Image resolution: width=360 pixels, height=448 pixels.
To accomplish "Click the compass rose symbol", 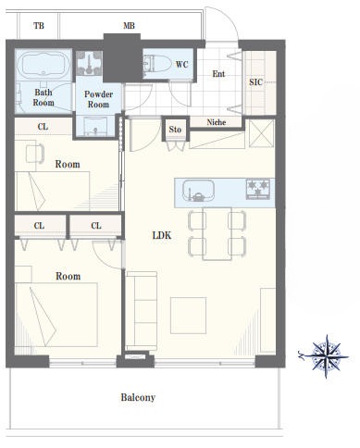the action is [326, 356].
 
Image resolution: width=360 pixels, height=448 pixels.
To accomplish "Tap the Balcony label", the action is [138, 397].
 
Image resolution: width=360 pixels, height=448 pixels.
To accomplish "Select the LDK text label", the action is [162, 236].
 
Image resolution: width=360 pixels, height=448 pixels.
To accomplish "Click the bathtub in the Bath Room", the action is [43, 65].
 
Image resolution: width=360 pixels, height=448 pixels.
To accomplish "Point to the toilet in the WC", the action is [157, 64].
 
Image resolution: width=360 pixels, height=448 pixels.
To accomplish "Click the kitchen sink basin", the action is [198, 191].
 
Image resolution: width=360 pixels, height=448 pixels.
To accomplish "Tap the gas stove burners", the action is [258, 189].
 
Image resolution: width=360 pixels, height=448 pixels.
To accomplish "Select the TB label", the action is [39, 26].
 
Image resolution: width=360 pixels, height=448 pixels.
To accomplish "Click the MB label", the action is [129, 26].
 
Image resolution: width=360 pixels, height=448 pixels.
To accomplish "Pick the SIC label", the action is [255, 82].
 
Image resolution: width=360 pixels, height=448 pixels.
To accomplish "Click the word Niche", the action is [217, 122].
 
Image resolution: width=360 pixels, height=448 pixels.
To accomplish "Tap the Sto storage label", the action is [175, 130].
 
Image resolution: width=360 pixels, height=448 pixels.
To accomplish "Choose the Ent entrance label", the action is [218, 74].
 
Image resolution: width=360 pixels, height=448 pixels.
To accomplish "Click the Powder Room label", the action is [98, 99].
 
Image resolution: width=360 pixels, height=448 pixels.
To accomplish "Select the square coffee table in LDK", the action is [189, 316].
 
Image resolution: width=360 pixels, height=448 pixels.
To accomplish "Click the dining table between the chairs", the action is [217, 233].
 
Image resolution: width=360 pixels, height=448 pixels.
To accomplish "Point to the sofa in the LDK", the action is [142, 311].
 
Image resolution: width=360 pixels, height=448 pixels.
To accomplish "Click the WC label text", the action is [182, 65].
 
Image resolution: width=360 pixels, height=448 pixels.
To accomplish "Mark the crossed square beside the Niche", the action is [261, 133].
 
